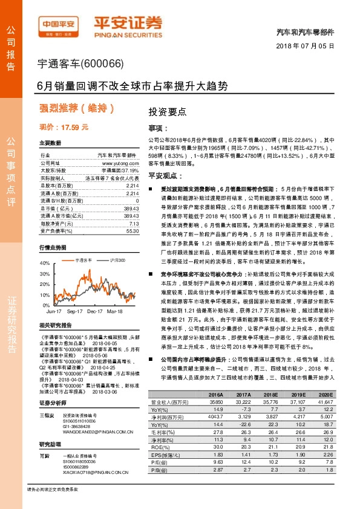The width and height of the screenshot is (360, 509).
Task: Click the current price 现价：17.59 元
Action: [64, 127]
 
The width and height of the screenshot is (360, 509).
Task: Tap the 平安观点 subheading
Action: [162, 174]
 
